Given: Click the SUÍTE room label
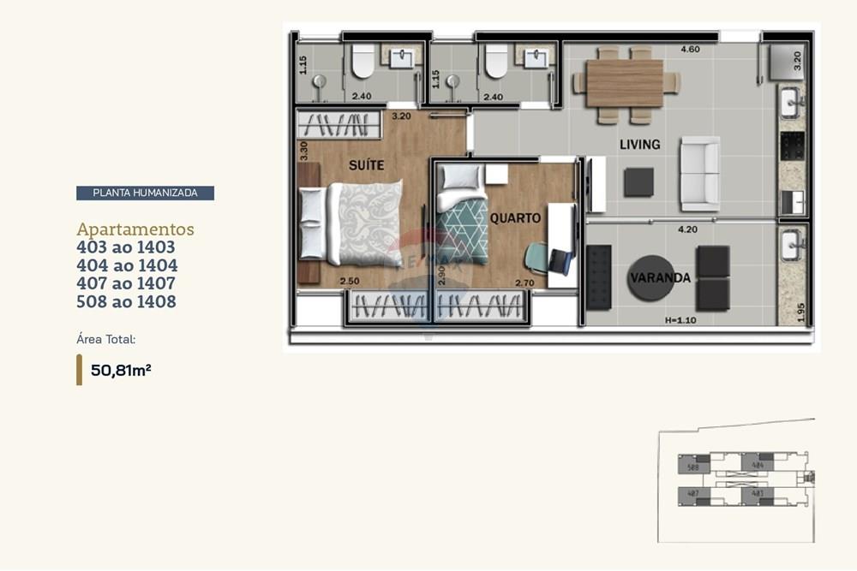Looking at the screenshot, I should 366,164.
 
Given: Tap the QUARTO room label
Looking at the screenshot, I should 515,218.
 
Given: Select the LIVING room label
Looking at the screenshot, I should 639,145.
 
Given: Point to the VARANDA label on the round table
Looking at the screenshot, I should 660,278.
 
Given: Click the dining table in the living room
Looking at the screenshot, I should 625,83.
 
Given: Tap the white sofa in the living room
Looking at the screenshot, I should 699,173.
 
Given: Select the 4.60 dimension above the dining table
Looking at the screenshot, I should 690,50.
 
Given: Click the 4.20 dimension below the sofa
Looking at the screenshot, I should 686,229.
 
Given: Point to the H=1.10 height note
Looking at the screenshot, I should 680,320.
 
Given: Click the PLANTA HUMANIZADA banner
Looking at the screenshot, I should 145,193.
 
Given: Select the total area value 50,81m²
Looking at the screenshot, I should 121,371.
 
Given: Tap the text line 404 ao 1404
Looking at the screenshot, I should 127,265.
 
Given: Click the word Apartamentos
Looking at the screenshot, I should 135,229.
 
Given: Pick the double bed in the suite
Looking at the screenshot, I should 351,223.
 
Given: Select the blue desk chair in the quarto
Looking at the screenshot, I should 538,257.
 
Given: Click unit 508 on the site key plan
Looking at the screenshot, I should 692,467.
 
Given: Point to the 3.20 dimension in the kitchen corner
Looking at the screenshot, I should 797,60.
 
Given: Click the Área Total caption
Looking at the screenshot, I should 106,339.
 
